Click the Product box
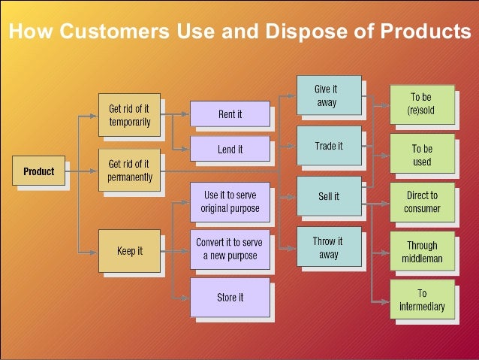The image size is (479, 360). [38, 171]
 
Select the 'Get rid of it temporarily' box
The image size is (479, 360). [129, 115]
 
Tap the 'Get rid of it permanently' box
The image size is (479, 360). [129, 171]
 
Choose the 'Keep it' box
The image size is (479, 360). [129, 251]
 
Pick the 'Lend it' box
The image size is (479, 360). [229, 150]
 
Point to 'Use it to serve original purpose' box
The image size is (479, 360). [229, 201]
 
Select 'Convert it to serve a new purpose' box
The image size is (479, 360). [229, 250]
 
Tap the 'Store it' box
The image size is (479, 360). [229, 298]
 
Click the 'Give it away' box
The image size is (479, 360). [329, 95]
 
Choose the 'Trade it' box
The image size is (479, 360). [329, 147]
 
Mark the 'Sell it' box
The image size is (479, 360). [329, 197]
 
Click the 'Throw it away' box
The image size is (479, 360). [329, 247]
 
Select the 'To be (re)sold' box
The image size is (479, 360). [421, 104]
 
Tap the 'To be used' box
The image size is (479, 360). [421, 155]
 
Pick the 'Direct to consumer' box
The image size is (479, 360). [421, 202]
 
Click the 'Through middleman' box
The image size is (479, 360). [421, 253]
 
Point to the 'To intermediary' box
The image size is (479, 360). [421, 300]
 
